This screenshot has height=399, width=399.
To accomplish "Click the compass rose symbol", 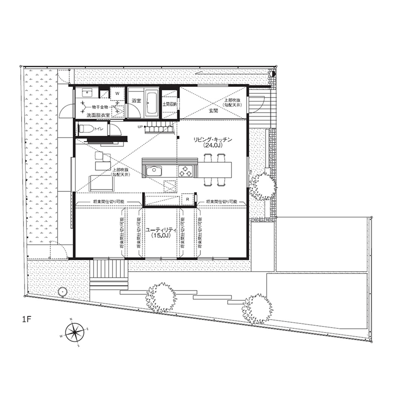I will point(73,332).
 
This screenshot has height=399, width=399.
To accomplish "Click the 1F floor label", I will point(27,319).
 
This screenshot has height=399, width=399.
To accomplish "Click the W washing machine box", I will point(117,93).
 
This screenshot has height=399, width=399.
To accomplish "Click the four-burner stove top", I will point(186,171).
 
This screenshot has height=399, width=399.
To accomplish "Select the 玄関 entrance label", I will point(213,111).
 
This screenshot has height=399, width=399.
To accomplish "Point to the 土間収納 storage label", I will point(169,103).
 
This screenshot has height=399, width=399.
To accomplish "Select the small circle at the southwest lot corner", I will point(62,292).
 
